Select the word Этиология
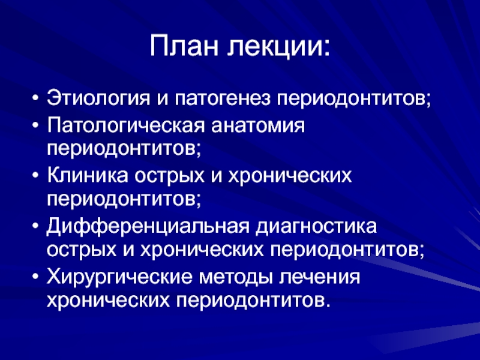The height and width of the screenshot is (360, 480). click(x=98, y=98)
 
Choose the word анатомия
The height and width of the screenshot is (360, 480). click(x=258, y=126)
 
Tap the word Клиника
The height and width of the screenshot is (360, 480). click(x=87, y=176)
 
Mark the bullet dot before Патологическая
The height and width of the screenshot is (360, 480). click(x=36, y=125)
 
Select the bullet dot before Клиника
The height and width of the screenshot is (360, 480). click(x=36, y=176)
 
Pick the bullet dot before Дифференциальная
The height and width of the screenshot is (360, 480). click(x=36, y=227)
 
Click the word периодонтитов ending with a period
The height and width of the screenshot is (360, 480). click(x=254, y=301)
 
